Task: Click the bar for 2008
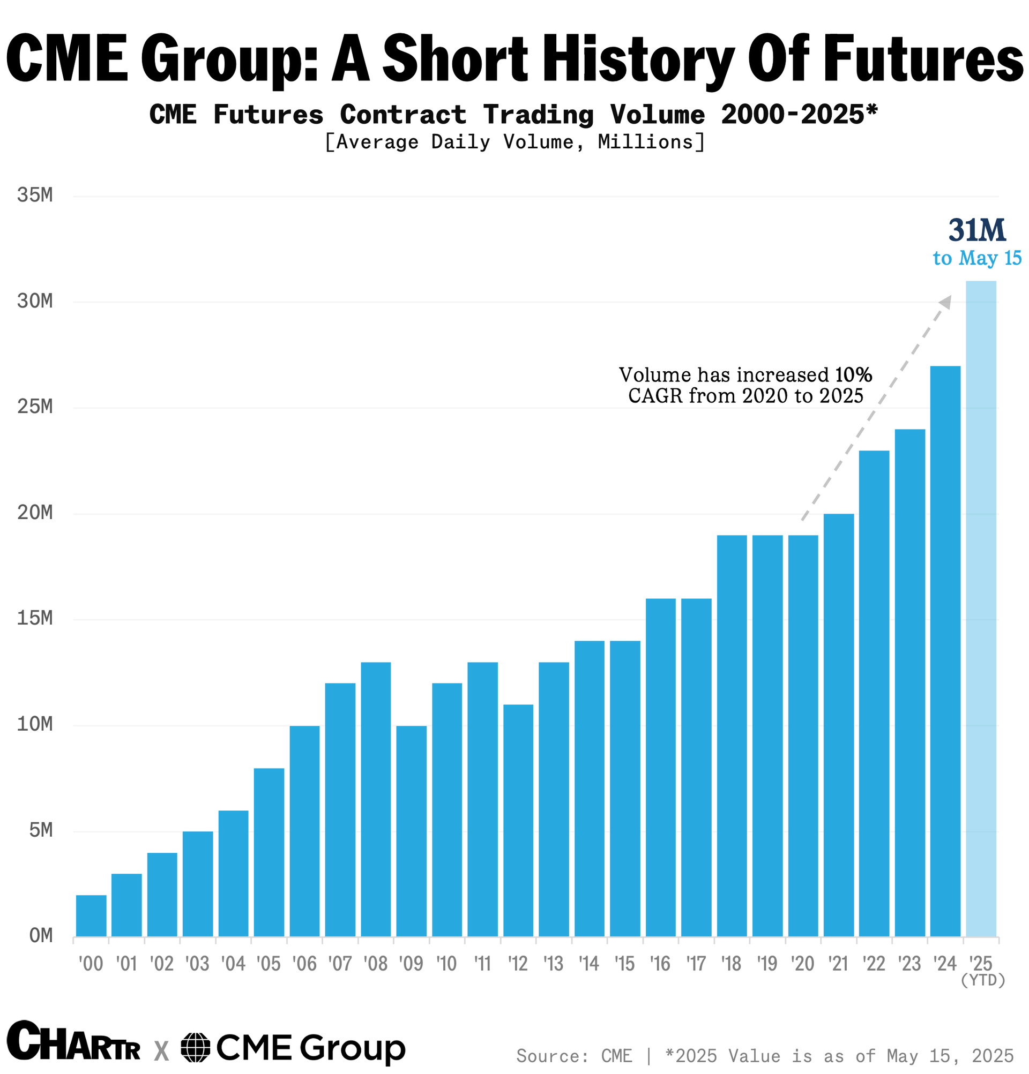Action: tap(376, 800)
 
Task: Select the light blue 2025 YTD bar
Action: tap(980, 608)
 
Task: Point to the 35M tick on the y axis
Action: tap(35, 195)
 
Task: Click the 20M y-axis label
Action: tap(35, 513)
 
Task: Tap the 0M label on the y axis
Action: tap(41, 936)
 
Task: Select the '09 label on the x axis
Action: tap(411, 963)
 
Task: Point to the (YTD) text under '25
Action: tap(982, 980)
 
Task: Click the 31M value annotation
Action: tap(977, 230)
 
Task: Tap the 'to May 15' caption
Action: tap(977, 258)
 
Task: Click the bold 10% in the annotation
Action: tap(853, 375)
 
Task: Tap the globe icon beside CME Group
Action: tap(196, 1047)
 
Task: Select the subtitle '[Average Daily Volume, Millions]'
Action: tap(514, 142)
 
